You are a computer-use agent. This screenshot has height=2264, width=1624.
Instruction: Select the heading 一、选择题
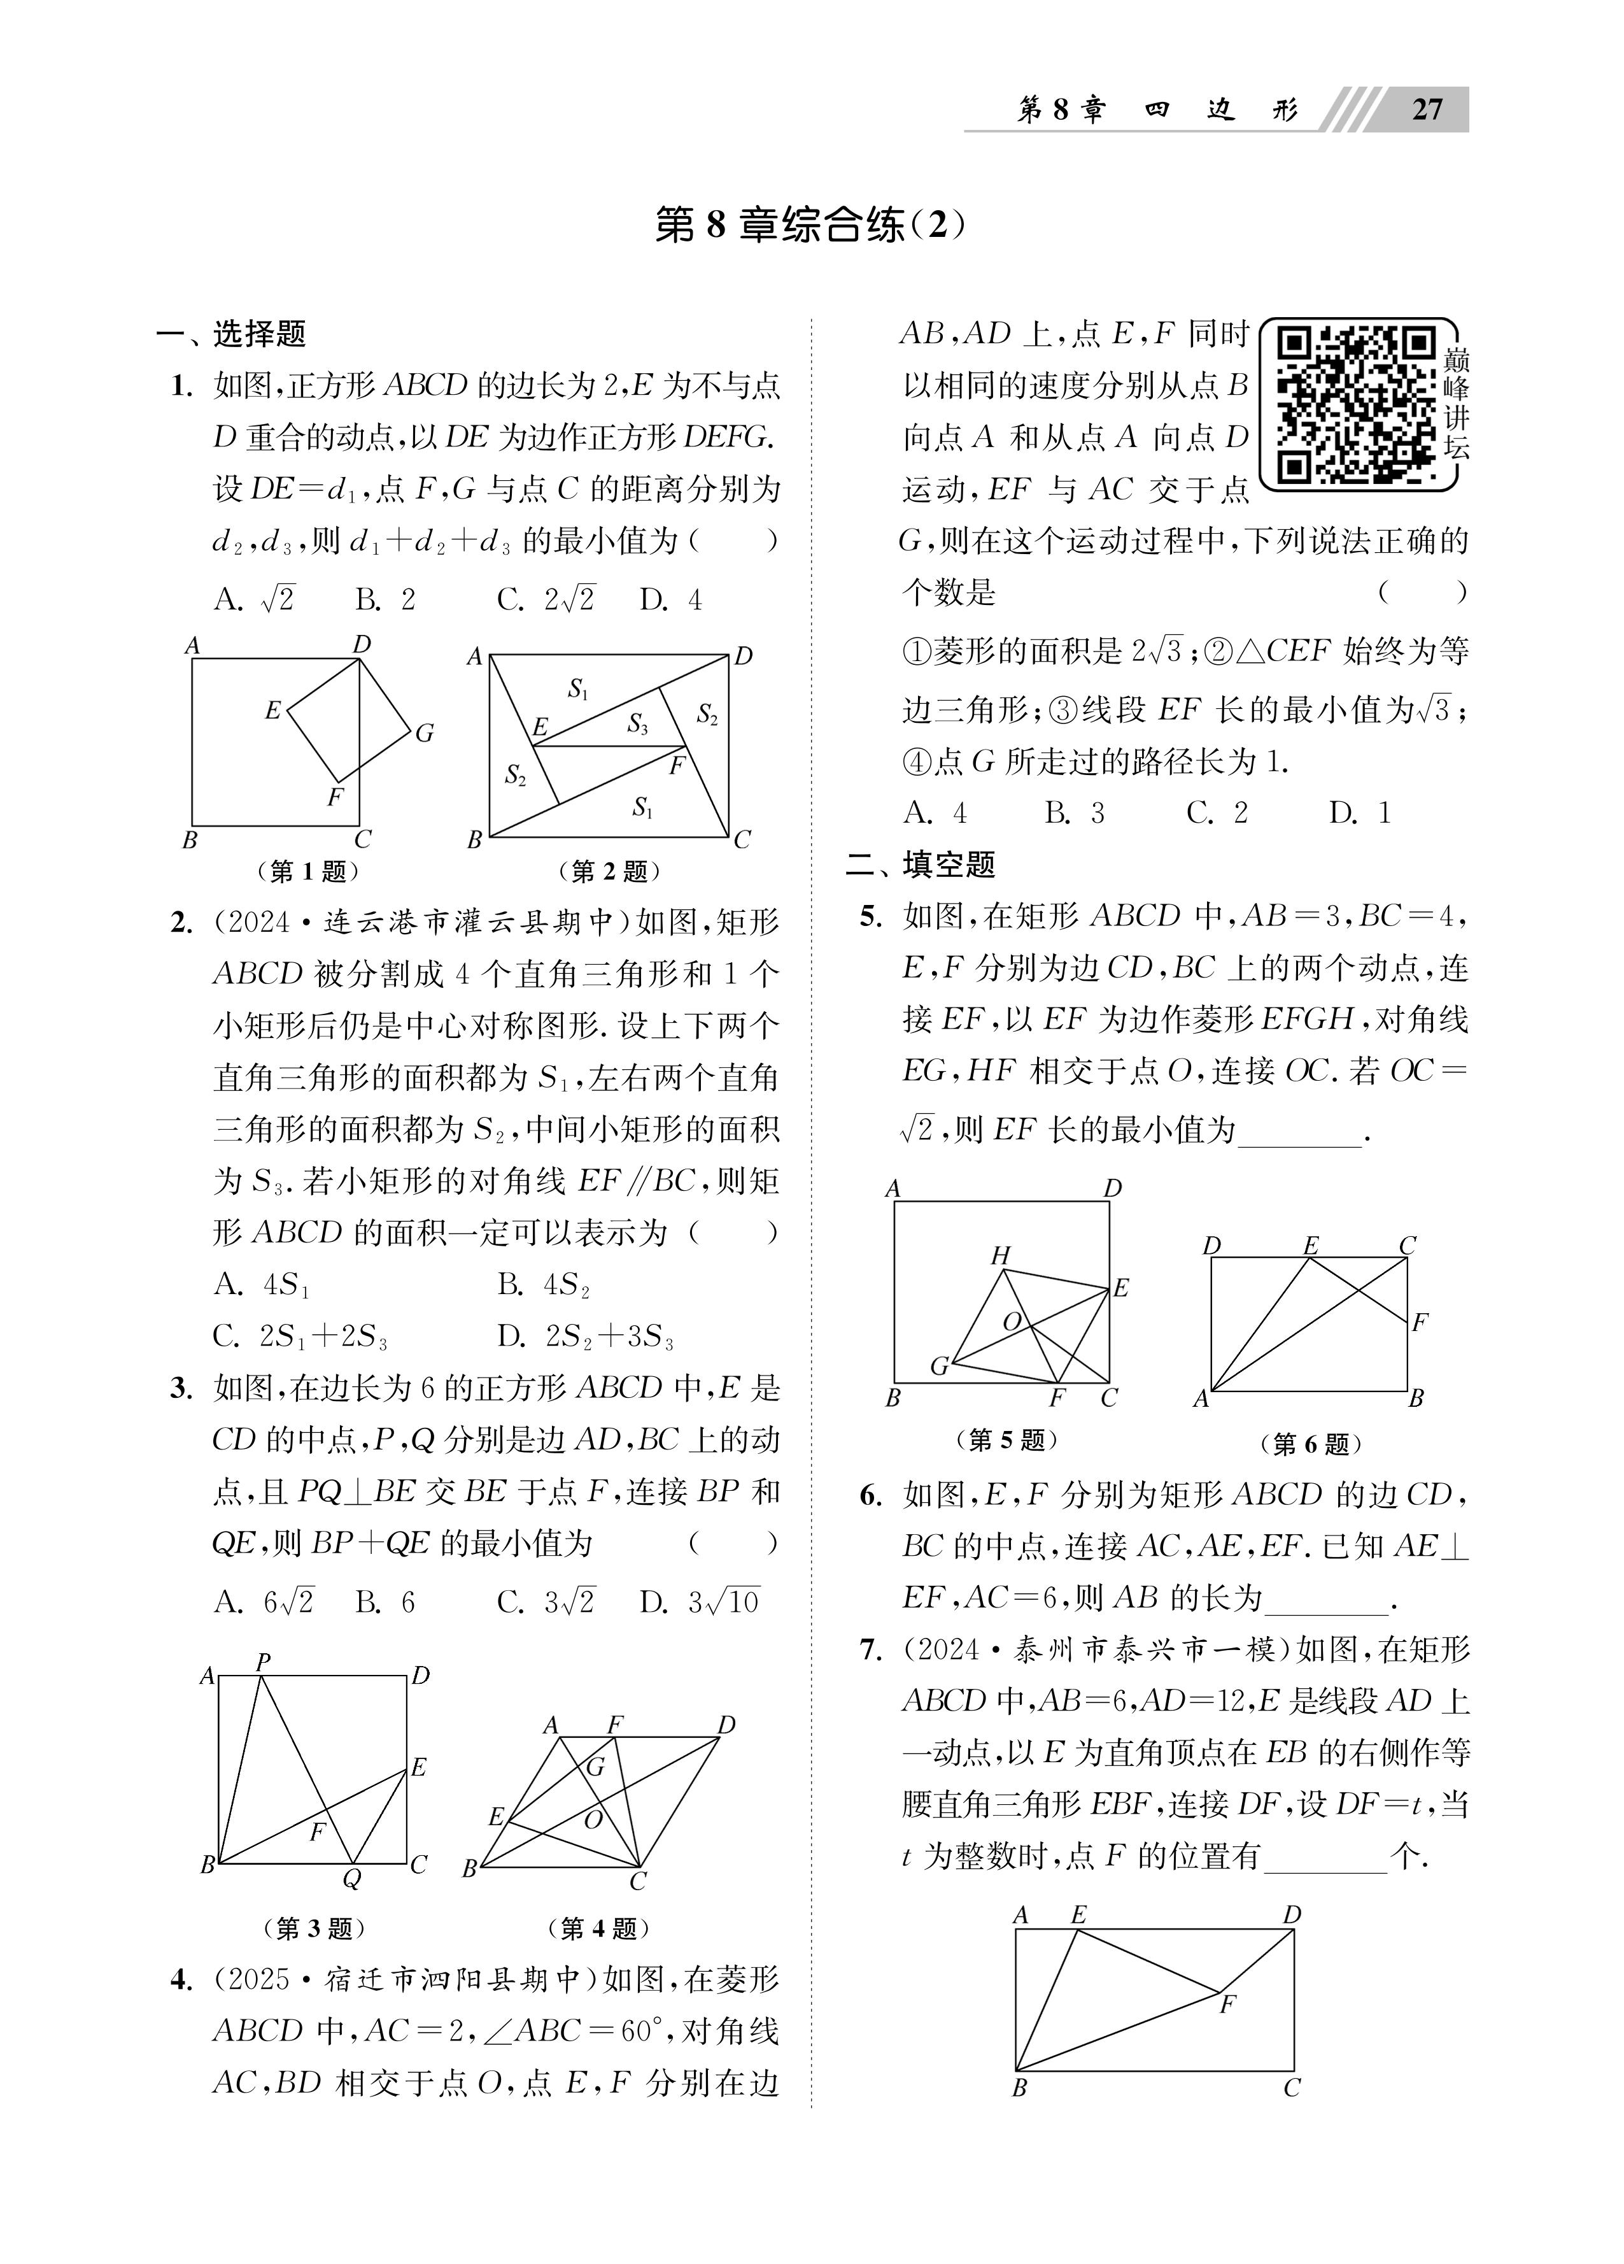232,334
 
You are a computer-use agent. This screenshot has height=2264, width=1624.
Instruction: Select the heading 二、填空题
921,864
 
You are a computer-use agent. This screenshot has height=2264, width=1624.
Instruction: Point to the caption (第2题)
609,871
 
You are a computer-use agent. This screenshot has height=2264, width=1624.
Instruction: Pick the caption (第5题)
1005,1439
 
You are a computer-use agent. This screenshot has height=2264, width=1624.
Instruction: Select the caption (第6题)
1311,1444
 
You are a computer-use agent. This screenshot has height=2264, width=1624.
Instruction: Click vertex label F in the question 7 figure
1228,2004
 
